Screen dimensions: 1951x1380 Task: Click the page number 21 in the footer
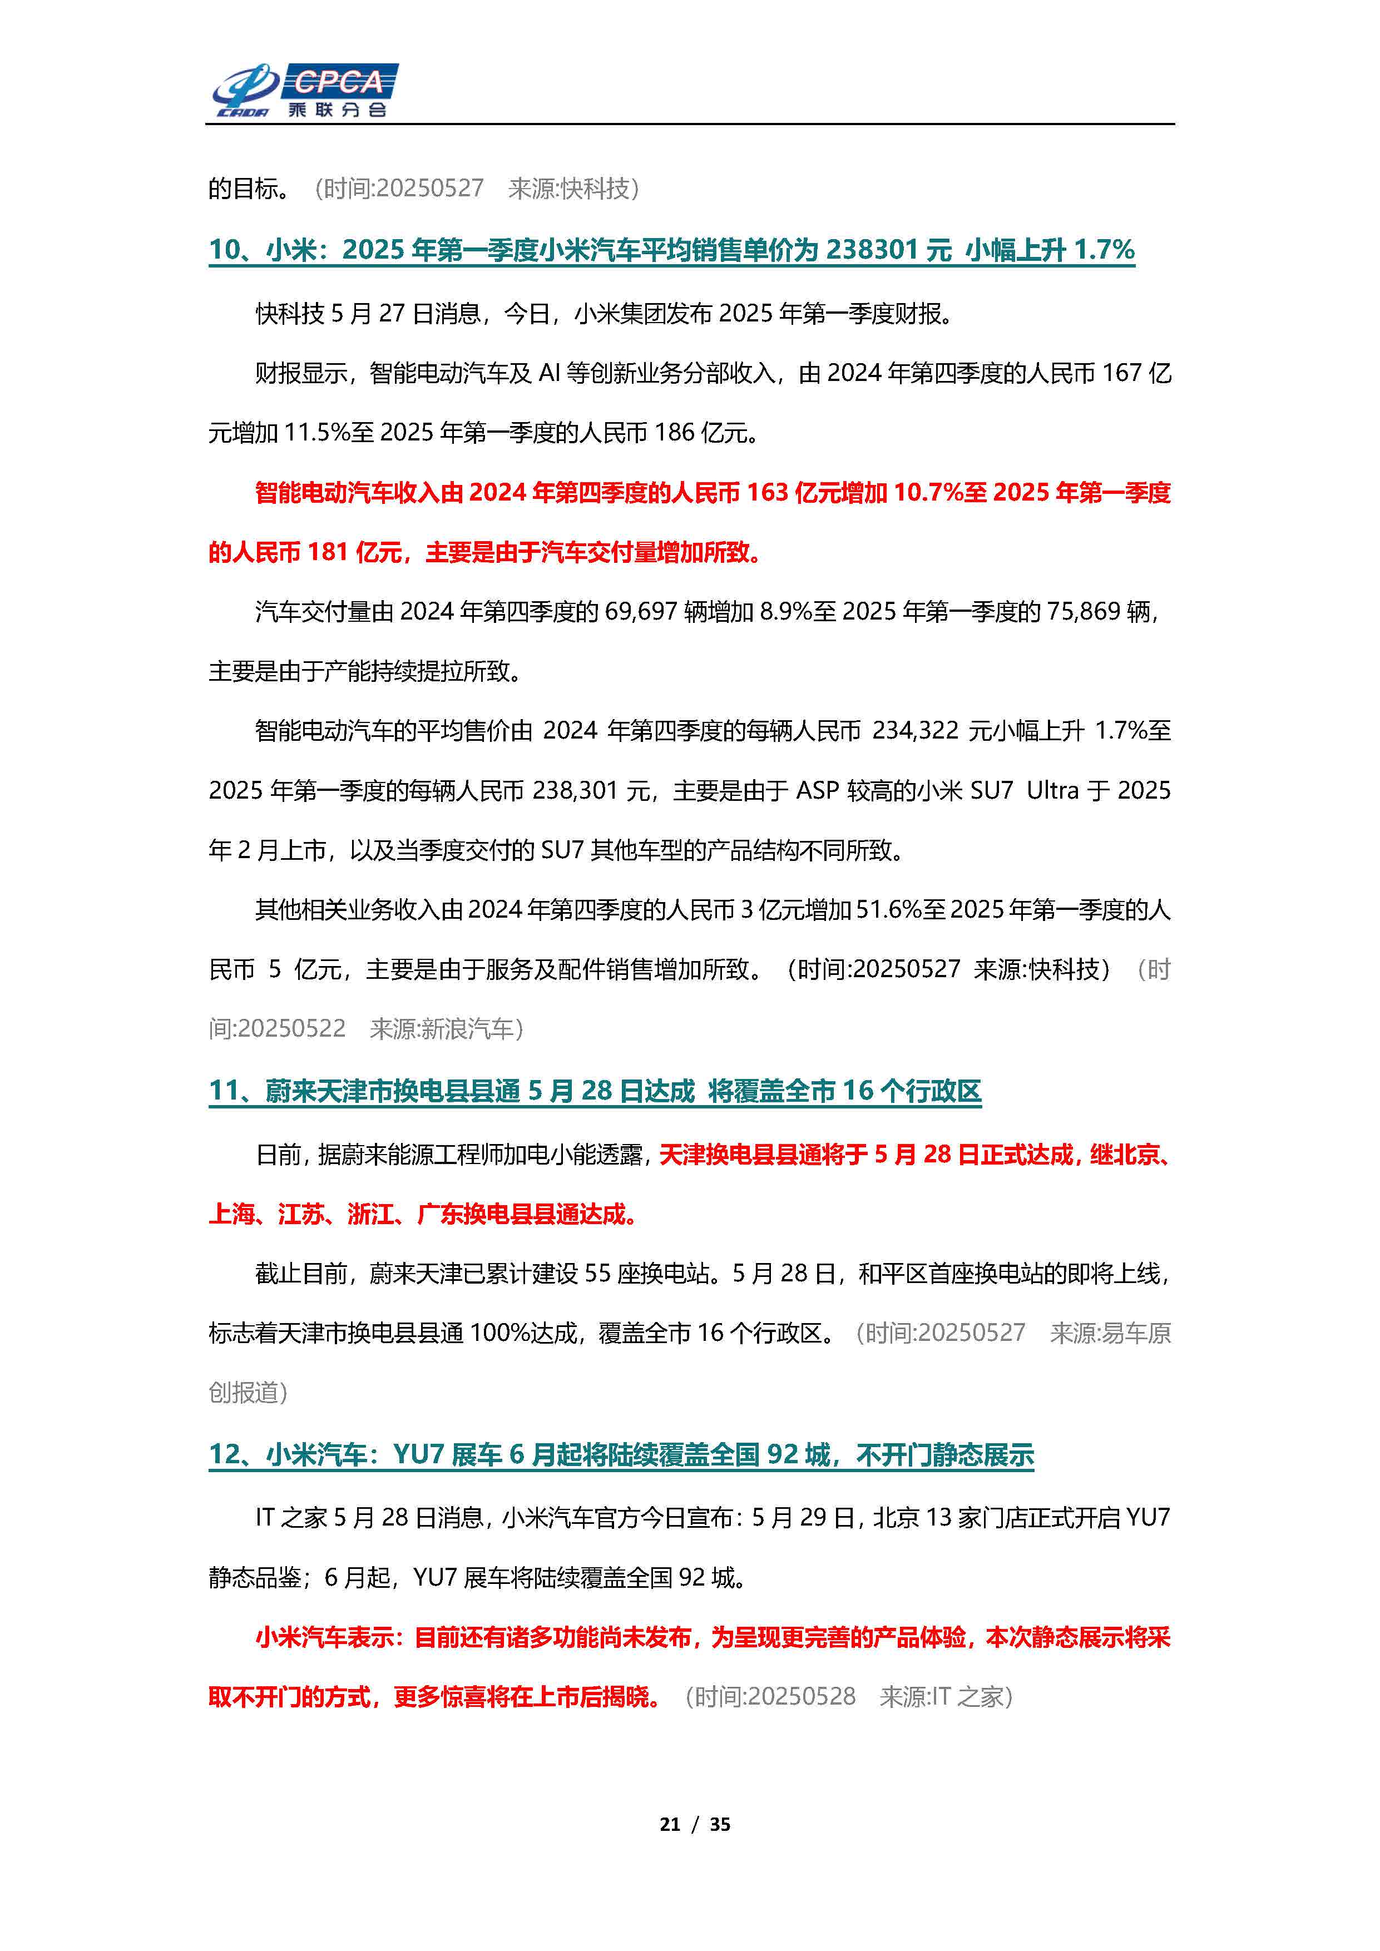pyautogui.click(x=670, y=1824)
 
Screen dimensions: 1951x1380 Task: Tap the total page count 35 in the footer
pyautogui.click(x=720, y=1824)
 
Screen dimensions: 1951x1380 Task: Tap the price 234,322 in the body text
pyautogui.click(x=915, y=731)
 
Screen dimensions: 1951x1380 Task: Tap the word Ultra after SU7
pyautogui.click(x=1052, y=791)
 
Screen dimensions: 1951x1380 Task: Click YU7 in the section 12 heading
pyautogui.click(x=418, y=1455)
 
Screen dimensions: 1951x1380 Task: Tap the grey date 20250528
pyautogui.click(x=802, y=1697)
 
